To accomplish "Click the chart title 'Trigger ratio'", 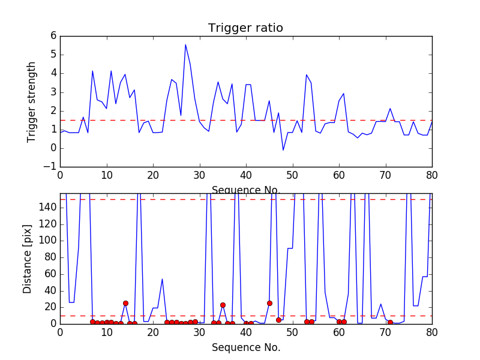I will point(245,28).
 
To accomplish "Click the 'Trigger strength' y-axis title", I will point(32,101).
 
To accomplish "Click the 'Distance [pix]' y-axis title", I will point(28,259).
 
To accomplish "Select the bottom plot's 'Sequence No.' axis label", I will point(245,347).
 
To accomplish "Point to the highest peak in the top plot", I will point(185,44).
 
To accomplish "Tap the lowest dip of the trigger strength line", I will point(283,150).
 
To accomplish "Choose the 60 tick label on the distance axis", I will point(49,274).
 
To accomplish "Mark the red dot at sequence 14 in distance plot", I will point(125,303).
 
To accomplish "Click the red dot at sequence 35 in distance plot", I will point(223,305).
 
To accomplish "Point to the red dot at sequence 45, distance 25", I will point(269,303).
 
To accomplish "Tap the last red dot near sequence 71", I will point(390,322).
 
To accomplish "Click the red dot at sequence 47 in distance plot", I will point(278,320).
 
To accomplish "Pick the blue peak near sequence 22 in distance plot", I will point(162,279).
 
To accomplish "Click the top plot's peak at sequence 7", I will point(92,71).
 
